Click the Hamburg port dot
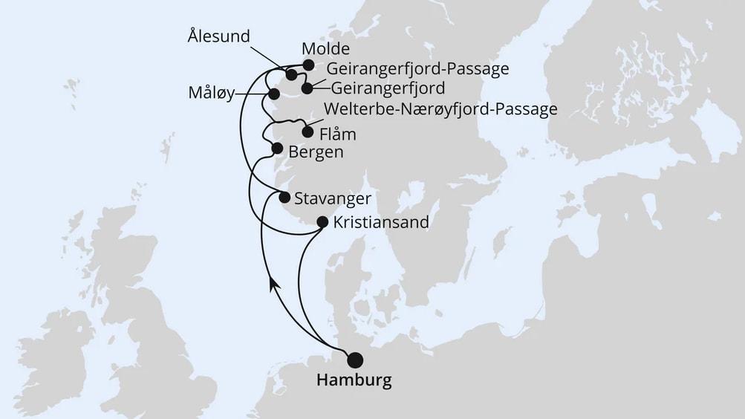[356, 360]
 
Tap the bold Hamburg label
[354, 381]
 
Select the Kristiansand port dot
[322, 221]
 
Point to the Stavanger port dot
[284, 197]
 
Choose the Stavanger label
[332, 198]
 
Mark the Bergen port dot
[277, 149]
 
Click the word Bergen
[317, 152]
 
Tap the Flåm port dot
[308, 132]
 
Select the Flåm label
[337, 134]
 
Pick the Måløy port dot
[273, 94]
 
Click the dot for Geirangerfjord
[307, 88]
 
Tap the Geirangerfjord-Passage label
[417, 69]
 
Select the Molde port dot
[308, 65]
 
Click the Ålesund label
[218, 36]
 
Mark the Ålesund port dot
[291, 75]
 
